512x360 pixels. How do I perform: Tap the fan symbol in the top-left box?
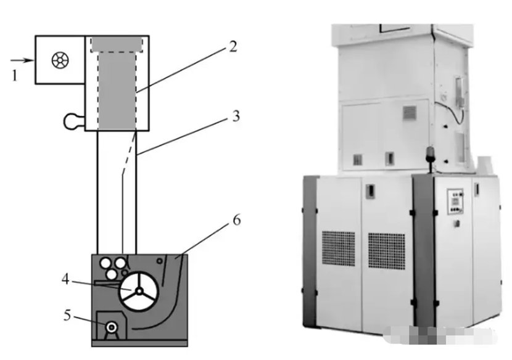click(60, 60)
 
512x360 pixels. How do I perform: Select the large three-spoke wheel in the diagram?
click(139, 290)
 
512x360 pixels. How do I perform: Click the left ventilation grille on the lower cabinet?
click(339, 248)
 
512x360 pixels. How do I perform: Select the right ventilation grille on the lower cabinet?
click(386, 249)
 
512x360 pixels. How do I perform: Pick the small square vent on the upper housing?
click(410, 113)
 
